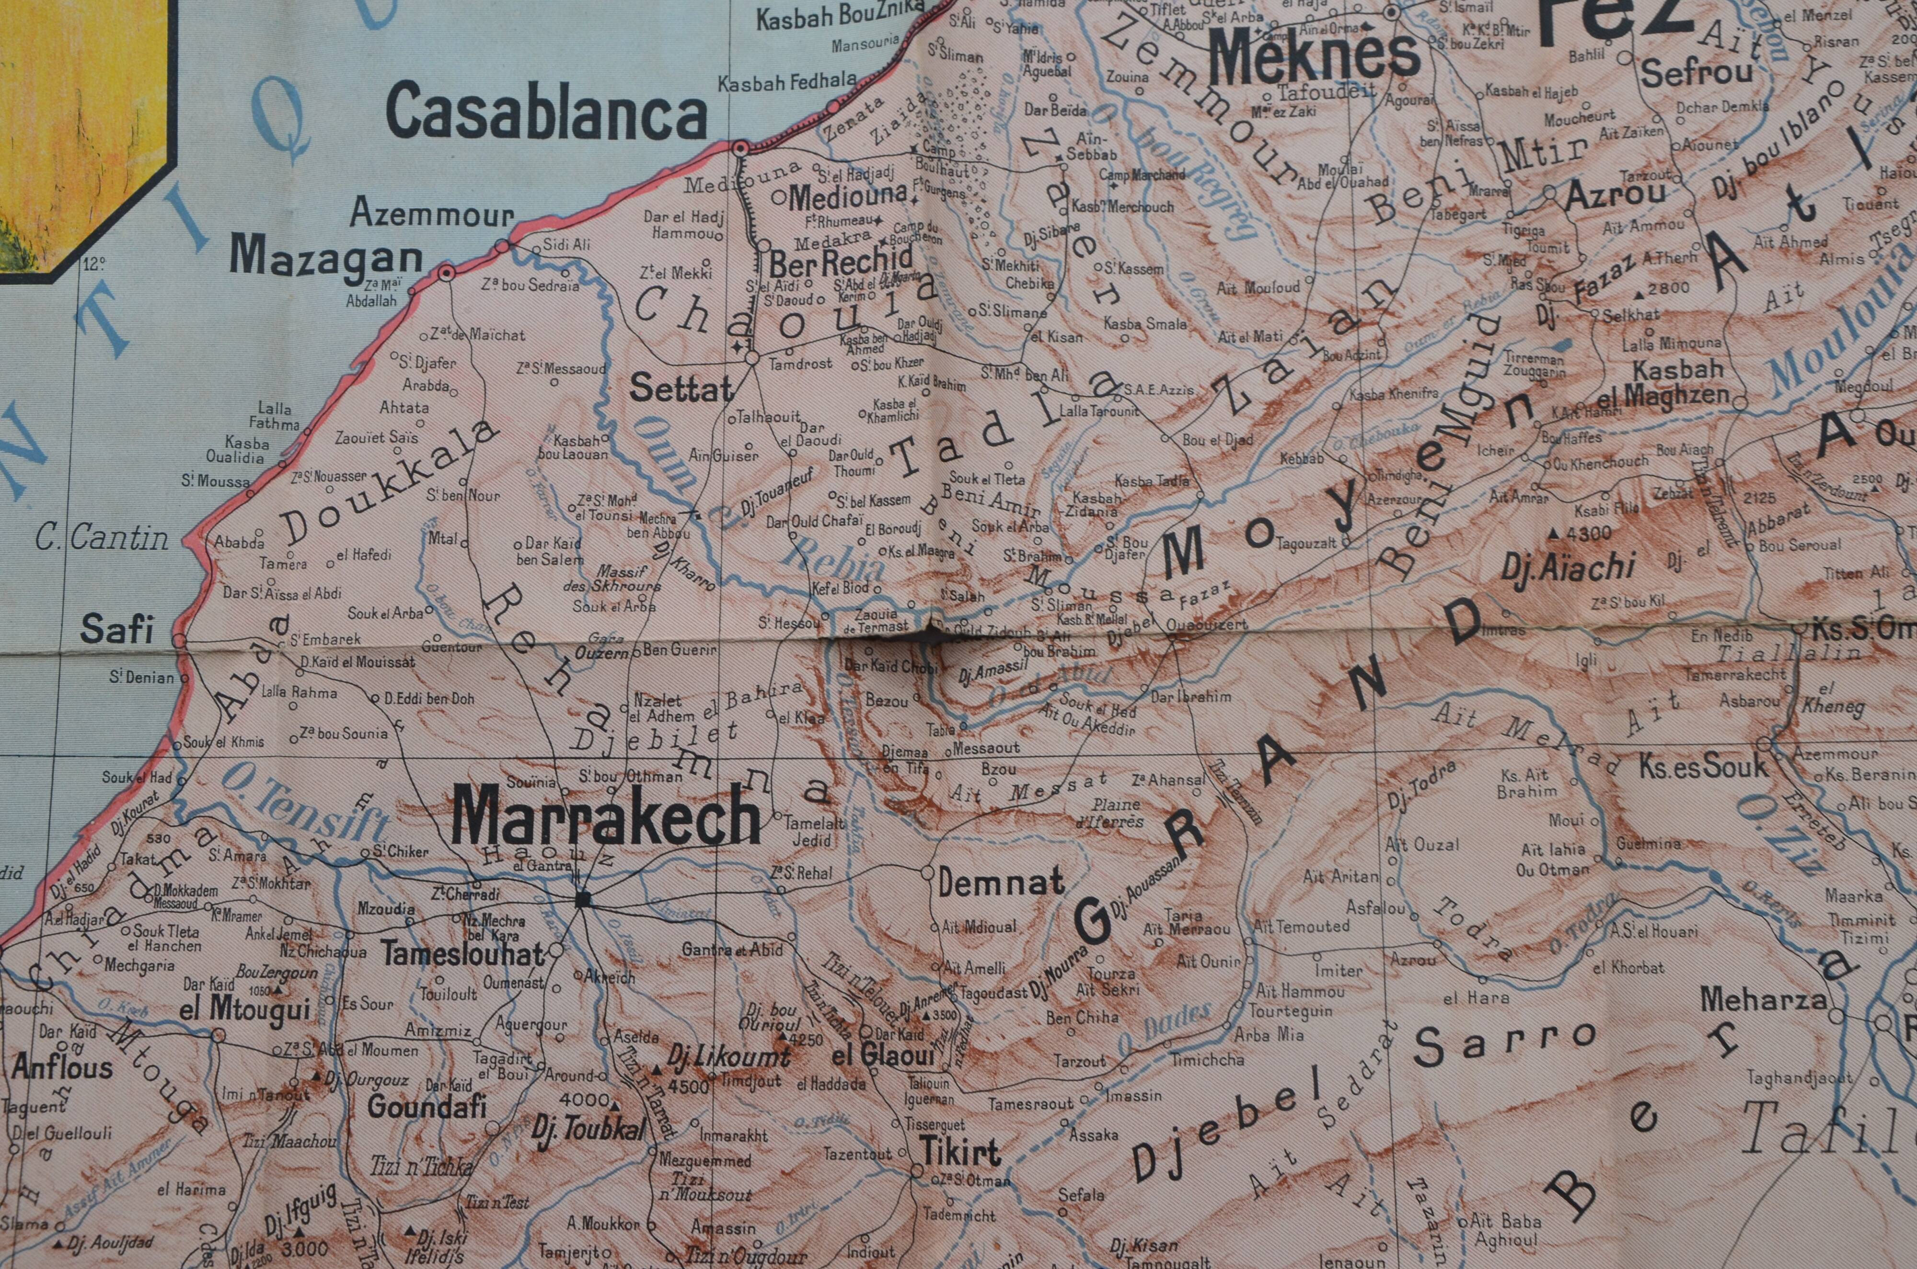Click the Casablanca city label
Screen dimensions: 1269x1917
coord(547,114)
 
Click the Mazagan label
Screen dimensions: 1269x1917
coord(326,257)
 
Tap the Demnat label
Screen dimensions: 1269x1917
coord(1001,881)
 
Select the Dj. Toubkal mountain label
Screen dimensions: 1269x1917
coord(589,1130)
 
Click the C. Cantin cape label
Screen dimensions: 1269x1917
coord(102,537)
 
